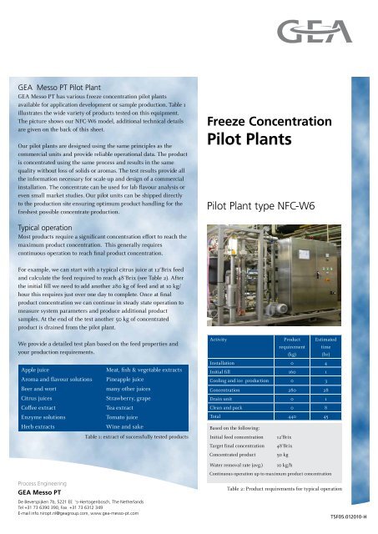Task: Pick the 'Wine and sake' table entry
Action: tap(129, 426)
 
